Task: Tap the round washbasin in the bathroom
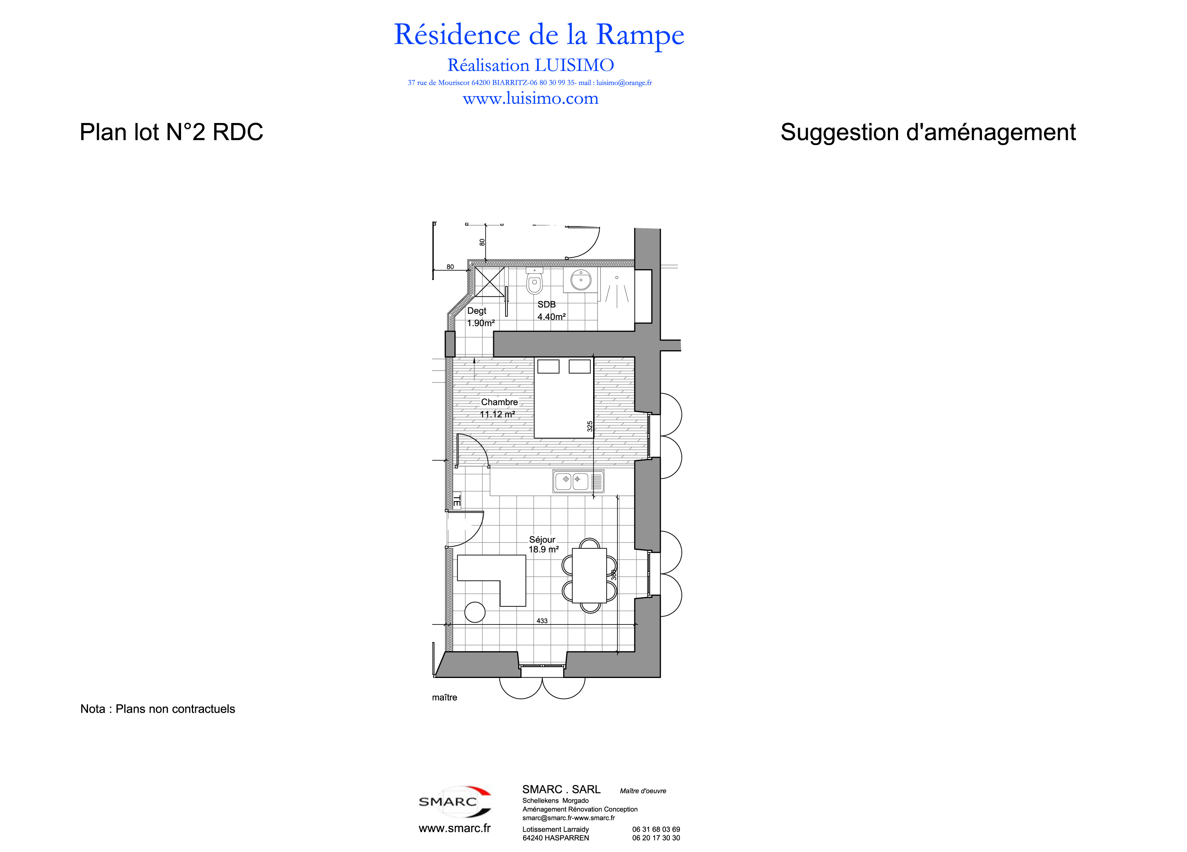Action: [580, 280]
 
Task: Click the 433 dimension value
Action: [542, 621]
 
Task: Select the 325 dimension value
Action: [590, 426]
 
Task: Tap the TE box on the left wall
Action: [456, 501]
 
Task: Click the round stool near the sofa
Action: [475, 612]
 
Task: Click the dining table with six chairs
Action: [589, 575]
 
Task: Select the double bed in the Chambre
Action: [564, 398]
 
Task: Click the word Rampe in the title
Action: [640, 35]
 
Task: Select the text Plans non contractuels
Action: [175, 709]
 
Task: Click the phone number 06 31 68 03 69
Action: [656, 830]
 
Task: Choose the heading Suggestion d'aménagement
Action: [928, 132]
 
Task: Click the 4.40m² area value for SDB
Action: [551, 317]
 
